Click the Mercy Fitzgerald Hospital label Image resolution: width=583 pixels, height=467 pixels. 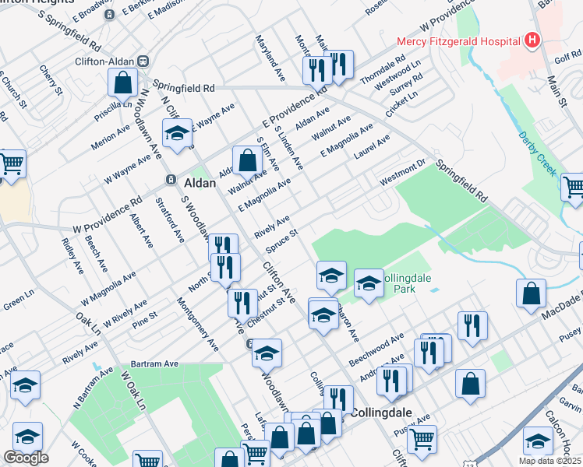click(458, 41)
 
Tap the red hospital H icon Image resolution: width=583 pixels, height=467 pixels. click(532, 40)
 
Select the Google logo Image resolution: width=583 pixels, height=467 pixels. click(26, 457)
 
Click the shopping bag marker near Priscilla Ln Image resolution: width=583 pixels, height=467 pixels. click(122, 82)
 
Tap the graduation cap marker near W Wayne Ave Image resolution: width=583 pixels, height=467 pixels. click(177, 134)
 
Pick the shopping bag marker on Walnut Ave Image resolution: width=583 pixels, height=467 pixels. click(247, 161)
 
